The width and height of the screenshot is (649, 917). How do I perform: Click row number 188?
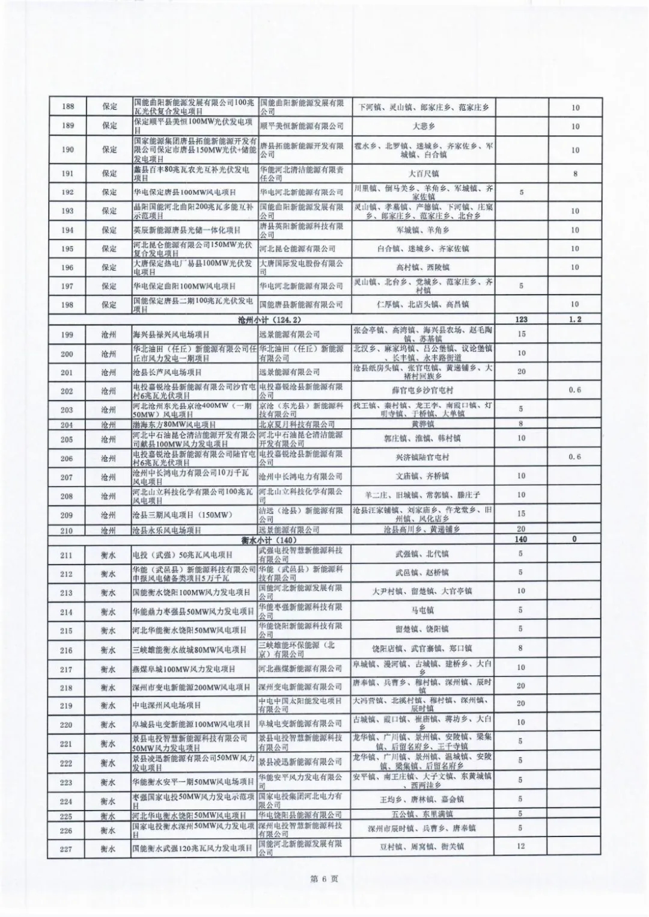pyautogui.click(x=68, y=107)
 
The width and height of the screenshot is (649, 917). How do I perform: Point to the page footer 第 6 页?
pyautogui.click(x=324, y=879)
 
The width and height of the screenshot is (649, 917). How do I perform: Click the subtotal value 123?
pyautogui.click(x=521, y=319)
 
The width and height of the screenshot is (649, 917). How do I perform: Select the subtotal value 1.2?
pyautogui.click(x=575, y=319)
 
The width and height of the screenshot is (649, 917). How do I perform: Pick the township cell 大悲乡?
pyautogui.click(x=424, y=126)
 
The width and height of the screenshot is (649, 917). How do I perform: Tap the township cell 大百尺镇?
pyautogui.click(x=424, y=173)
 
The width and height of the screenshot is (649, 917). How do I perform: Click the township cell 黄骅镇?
pyautogui.click(x=424, y=424)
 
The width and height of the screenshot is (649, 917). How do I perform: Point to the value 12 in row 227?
pyautogui.click(x=521, y=847)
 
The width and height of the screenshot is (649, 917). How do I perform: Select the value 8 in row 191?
pyautogui.click(x=575, y=173)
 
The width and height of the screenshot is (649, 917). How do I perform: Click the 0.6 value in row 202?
pyautogui.click(x=575, y=390)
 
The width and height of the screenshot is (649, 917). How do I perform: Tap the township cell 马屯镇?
pyautogui.click(x=422, y=610)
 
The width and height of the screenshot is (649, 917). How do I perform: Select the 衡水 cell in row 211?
pyautogui.click(x=108, y=554)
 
